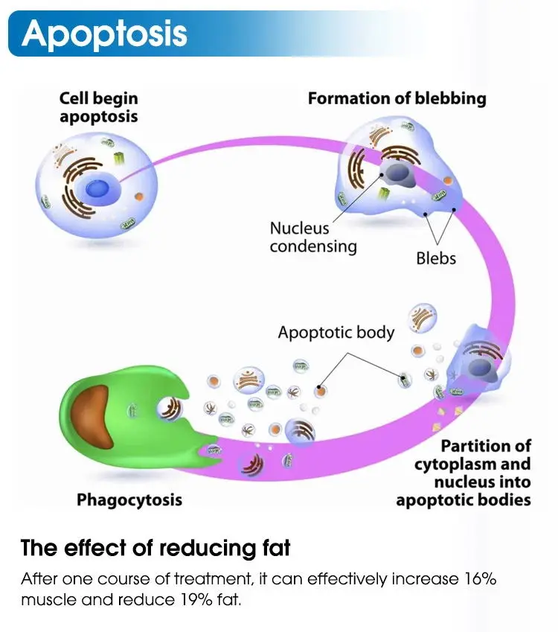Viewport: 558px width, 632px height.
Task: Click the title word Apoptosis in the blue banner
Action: [x=104, y=33]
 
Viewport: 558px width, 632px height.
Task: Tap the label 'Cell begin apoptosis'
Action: [x=99, y=107]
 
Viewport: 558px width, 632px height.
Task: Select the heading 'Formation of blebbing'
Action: [x=397, y=99]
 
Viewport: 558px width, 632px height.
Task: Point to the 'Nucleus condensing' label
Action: [x=313, y=237]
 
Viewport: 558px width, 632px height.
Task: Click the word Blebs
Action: [x=436, y=258]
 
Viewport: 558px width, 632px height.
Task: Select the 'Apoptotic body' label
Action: [x=336, y=333]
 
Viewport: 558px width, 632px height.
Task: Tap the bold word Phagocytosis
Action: [x=129, y=500]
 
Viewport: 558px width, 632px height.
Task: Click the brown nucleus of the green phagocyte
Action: [x=92, y=417]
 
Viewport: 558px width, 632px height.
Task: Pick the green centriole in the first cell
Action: [x=119, y=159]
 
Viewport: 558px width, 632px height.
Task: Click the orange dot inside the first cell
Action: [x=138, y=197]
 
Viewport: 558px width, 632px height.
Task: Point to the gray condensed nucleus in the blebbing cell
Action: [x=397, y=173]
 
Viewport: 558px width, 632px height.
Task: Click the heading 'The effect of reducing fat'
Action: [x=155, y=548]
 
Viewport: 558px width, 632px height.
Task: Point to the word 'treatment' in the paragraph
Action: [x=212, y=579]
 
